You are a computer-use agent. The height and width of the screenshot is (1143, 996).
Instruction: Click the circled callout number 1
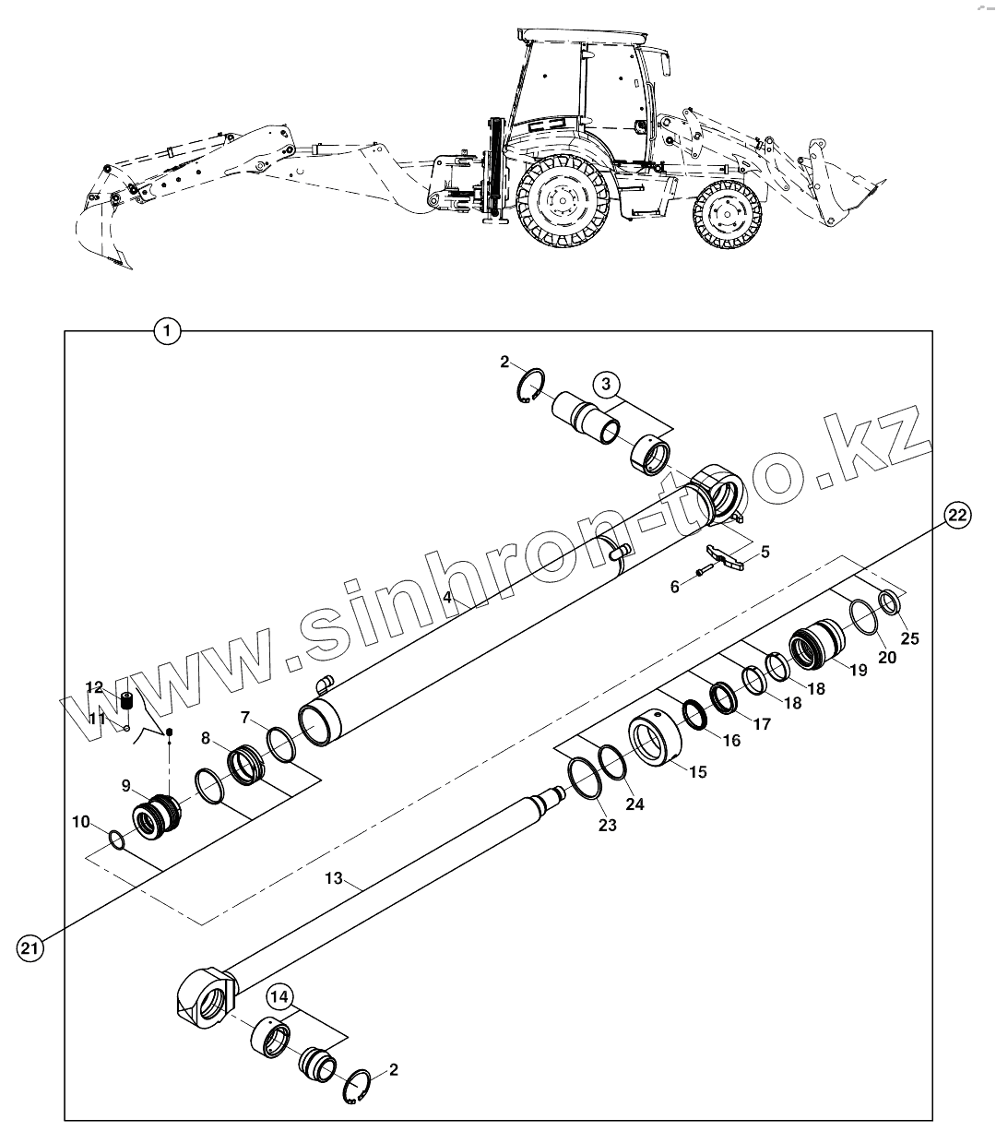(167, 330)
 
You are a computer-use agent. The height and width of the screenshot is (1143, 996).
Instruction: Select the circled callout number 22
(956, 516)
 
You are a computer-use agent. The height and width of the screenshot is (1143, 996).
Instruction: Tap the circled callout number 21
(30, 948)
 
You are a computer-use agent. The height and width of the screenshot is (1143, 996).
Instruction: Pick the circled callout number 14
(280, 996)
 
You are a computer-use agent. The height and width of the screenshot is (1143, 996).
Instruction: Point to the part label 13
(333, 879)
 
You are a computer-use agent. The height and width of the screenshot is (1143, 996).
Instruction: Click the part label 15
(698, 771)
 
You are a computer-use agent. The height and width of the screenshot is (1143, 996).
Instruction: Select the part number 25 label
(910, 638)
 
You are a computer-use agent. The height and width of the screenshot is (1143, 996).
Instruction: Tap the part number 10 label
(81, 820)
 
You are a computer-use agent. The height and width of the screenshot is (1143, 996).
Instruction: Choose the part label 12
(95, 686)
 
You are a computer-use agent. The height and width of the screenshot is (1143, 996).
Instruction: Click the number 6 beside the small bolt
(674, 586)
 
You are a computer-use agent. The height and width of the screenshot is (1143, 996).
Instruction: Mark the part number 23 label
(606, 825)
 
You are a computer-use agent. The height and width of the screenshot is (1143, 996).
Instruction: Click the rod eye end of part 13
(207, 999)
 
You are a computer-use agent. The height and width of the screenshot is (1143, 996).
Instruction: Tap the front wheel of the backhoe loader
(728, 216)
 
